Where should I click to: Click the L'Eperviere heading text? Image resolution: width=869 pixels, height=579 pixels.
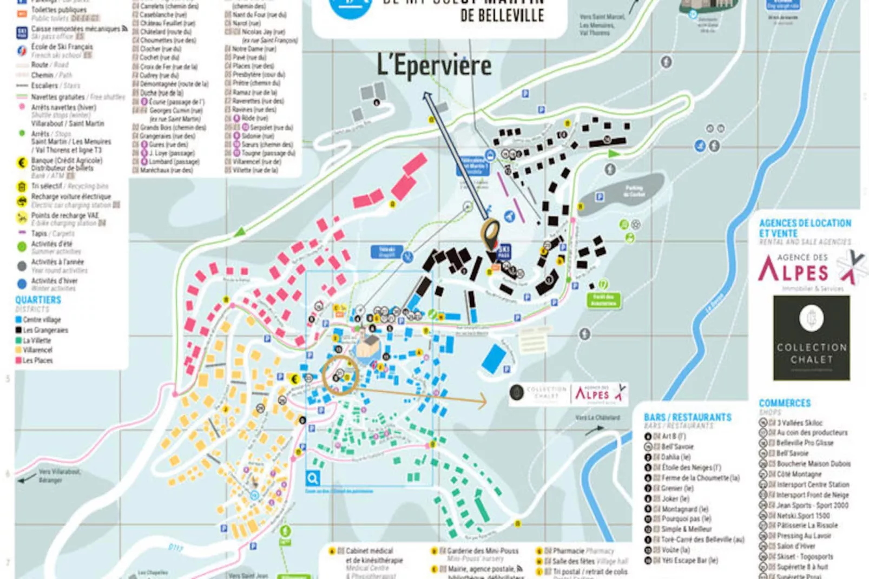(x=434, y=66)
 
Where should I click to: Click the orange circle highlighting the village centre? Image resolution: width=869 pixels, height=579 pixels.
(x=340, y=374)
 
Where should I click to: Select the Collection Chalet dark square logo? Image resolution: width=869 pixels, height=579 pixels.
(x=811, y=338)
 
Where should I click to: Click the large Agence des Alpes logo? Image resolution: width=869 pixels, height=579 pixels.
(x=804, y=269)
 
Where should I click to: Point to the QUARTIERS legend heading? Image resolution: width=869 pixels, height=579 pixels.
(x=38, y=300)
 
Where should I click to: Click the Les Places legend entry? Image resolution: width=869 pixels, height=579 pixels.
(x=37, y=360)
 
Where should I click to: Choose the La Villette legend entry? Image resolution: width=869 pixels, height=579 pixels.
(x=36, y=340)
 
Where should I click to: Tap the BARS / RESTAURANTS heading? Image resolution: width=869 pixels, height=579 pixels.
(x=687, y=417)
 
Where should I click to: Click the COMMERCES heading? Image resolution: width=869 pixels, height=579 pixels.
(x=784, y=403)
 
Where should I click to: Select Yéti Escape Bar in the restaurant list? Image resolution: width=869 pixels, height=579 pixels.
(x=689, y=561)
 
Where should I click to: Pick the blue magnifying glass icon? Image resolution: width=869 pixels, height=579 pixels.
(x=312, y=478)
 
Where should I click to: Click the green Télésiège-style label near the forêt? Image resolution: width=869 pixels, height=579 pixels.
(x=603, y=300)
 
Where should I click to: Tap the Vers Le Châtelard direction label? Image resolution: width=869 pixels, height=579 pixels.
(x=597, y=418)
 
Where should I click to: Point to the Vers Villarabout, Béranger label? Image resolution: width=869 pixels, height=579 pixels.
(x=60, y=476)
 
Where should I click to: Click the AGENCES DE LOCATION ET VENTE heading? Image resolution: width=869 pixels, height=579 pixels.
(x=805, y=228)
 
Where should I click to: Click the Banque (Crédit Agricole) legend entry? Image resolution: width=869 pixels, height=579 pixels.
(x=66, y=161)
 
